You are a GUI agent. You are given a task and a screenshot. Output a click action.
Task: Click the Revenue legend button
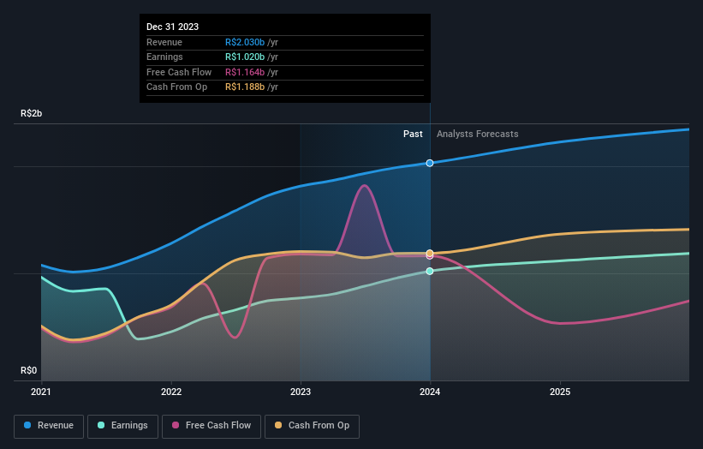click(49, 426)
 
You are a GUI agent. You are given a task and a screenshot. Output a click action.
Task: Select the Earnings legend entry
click(122, 426)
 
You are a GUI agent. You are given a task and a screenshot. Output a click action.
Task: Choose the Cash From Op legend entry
click(312, 426)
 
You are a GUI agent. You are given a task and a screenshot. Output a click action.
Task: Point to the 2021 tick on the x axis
click(41, 392)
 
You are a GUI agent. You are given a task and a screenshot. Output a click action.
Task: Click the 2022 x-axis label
click(171, 392)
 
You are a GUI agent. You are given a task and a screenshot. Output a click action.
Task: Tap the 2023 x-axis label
click(301, 392)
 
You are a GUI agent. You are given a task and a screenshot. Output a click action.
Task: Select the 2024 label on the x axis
click(430, 392)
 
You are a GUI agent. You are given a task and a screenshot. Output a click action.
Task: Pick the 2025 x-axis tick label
click(560, 392)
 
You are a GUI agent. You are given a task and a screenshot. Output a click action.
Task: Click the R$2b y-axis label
click(33, 113)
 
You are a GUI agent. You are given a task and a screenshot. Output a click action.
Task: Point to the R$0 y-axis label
click(29, 370)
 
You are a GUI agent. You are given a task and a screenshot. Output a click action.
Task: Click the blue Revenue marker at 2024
click(430, 163)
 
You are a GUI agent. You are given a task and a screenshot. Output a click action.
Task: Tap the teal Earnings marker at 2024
click(430, 271)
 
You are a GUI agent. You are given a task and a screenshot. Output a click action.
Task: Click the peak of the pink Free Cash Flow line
click(366, 185)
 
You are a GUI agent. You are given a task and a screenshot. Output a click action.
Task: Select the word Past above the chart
click(413, 134)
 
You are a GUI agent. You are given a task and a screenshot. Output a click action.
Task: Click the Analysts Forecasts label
click(477, 134)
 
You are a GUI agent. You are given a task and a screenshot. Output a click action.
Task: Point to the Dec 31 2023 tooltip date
click(172, 27)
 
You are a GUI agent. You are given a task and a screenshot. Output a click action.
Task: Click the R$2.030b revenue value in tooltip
click(245, 42)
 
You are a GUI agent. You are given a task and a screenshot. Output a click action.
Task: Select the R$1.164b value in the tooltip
click(245, 72)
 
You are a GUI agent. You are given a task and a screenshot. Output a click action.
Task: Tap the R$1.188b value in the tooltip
click(245, 87)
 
